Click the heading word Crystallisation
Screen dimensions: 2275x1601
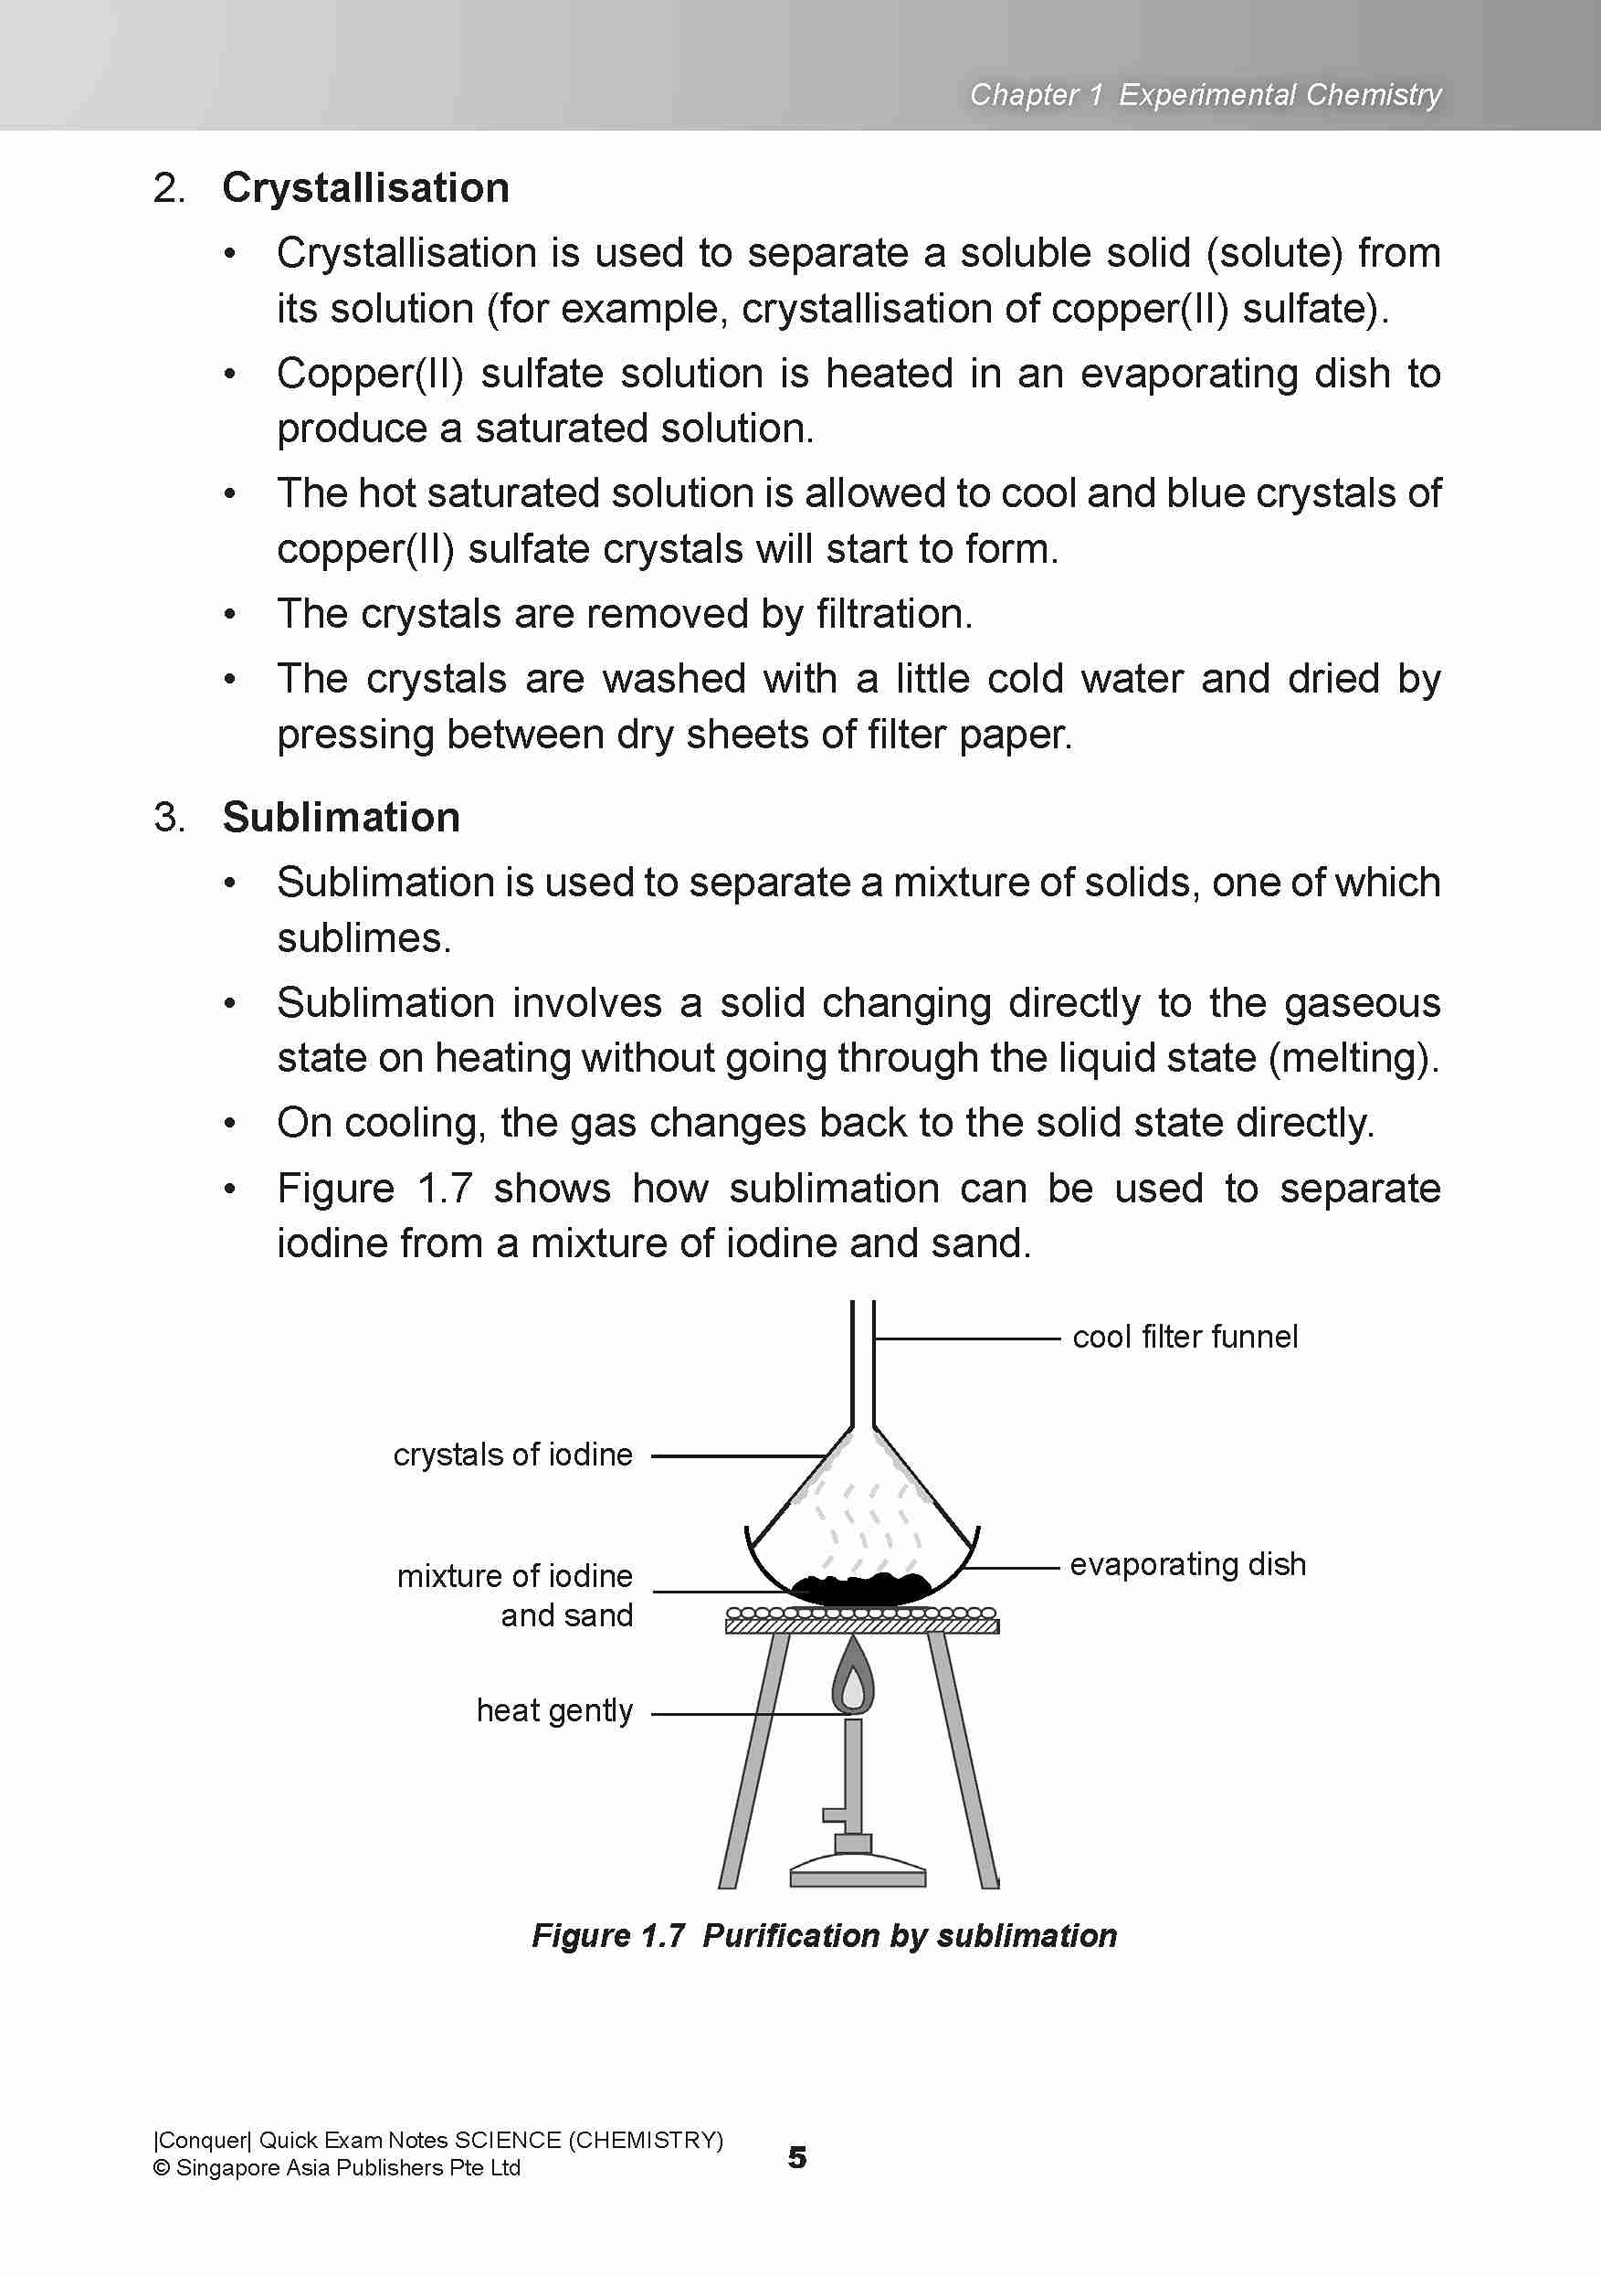(x=364, y=188)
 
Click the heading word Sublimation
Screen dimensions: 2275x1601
(x=341, y=818)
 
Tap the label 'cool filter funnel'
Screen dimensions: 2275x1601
(x=1184, y=1337)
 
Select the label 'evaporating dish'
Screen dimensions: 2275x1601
(x=1187, y=1563)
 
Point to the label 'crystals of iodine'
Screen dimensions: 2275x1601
(x=512, y=1455)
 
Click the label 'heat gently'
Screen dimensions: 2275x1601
(x=553, y=1710)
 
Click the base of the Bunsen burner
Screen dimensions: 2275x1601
(x=857, y=1876)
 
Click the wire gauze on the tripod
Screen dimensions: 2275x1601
(x=861, y=1621)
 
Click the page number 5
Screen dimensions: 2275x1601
(x=796, y=2157)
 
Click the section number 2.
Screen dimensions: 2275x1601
(x=168, y=188)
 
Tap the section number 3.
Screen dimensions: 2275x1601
(x=168, y=818)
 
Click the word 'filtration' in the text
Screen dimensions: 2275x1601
(x=892, y=614)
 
